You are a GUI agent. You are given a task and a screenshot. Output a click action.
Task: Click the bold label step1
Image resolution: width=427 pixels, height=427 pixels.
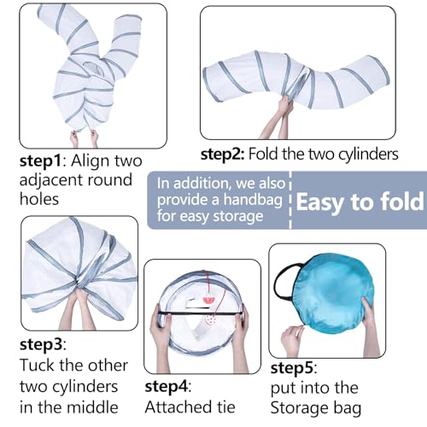point(40,161)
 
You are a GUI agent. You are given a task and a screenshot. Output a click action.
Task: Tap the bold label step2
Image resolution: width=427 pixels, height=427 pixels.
point(222,155)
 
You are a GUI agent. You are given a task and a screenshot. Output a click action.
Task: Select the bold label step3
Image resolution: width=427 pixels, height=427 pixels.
point(41,344)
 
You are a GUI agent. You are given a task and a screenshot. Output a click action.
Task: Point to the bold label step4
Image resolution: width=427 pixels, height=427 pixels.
point(167,387)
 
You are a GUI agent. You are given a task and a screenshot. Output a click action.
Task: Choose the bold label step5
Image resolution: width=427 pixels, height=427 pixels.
point(292,368)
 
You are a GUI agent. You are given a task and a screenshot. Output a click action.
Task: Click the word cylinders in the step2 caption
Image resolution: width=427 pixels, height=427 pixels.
point(368,155)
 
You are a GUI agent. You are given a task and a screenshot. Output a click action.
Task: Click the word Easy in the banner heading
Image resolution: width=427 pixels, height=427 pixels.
point(320,202)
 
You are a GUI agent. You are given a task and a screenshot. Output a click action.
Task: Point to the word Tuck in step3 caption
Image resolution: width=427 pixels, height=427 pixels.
point(37,365)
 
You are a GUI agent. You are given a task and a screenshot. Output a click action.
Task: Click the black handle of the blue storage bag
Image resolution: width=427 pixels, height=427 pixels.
point(284,280)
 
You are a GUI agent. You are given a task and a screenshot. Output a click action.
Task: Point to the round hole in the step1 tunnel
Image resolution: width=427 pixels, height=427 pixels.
point(94,69)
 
